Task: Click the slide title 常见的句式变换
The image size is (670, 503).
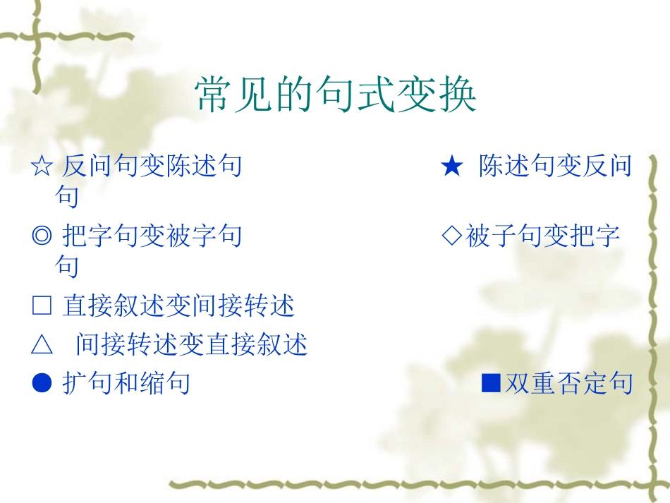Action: pos(336,95)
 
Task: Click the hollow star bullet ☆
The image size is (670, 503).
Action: pos(42,167)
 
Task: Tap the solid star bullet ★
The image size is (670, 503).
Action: pos(451,167)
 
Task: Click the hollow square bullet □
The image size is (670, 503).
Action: pos(42,306)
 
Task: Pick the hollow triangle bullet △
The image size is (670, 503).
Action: pos(42,345)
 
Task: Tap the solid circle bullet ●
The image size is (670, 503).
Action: pos(42,383)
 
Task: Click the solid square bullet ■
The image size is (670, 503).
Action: pos(490,383)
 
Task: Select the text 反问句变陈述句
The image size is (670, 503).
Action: pos(152,166)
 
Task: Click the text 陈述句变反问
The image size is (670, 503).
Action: pos(555,166)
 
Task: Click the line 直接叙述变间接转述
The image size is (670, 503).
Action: pos(178,306)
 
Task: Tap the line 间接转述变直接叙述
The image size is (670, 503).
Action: pos(192,345)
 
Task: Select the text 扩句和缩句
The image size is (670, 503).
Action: pos(126,383)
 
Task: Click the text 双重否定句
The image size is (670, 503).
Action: pos(569,383)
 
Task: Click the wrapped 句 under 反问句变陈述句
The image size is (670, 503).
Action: pos(67,197)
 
